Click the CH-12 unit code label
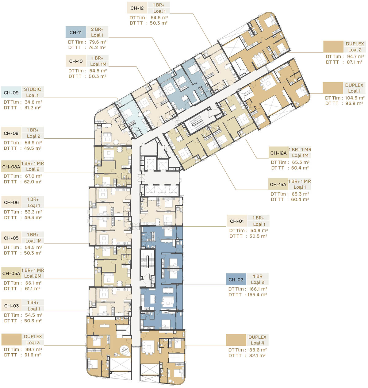tap(137, 8)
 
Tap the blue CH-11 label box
tap(75, 33)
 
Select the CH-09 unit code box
tap(11, 93)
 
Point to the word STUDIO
tap(33, 89)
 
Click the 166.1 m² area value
tap(258, 289)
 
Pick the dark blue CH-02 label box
tap(236, 279)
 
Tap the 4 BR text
tap(258, 276)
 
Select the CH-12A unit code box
tap(278, 153)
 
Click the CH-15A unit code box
tap(278, 184)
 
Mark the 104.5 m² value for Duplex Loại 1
tap(355, 98)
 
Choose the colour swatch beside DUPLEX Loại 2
tap(333, 47)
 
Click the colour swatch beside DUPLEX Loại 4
tap(236, 340)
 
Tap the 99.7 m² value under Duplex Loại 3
tap(33, 349)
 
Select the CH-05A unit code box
tap(11, 273)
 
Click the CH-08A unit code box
tap(11, 167)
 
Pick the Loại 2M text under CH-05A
tap(33, 276)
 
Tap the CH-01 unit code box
tap(237, 221)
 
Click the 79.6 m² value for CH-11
tap(98, 42)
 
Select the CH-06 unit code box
tap(11, 202)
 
